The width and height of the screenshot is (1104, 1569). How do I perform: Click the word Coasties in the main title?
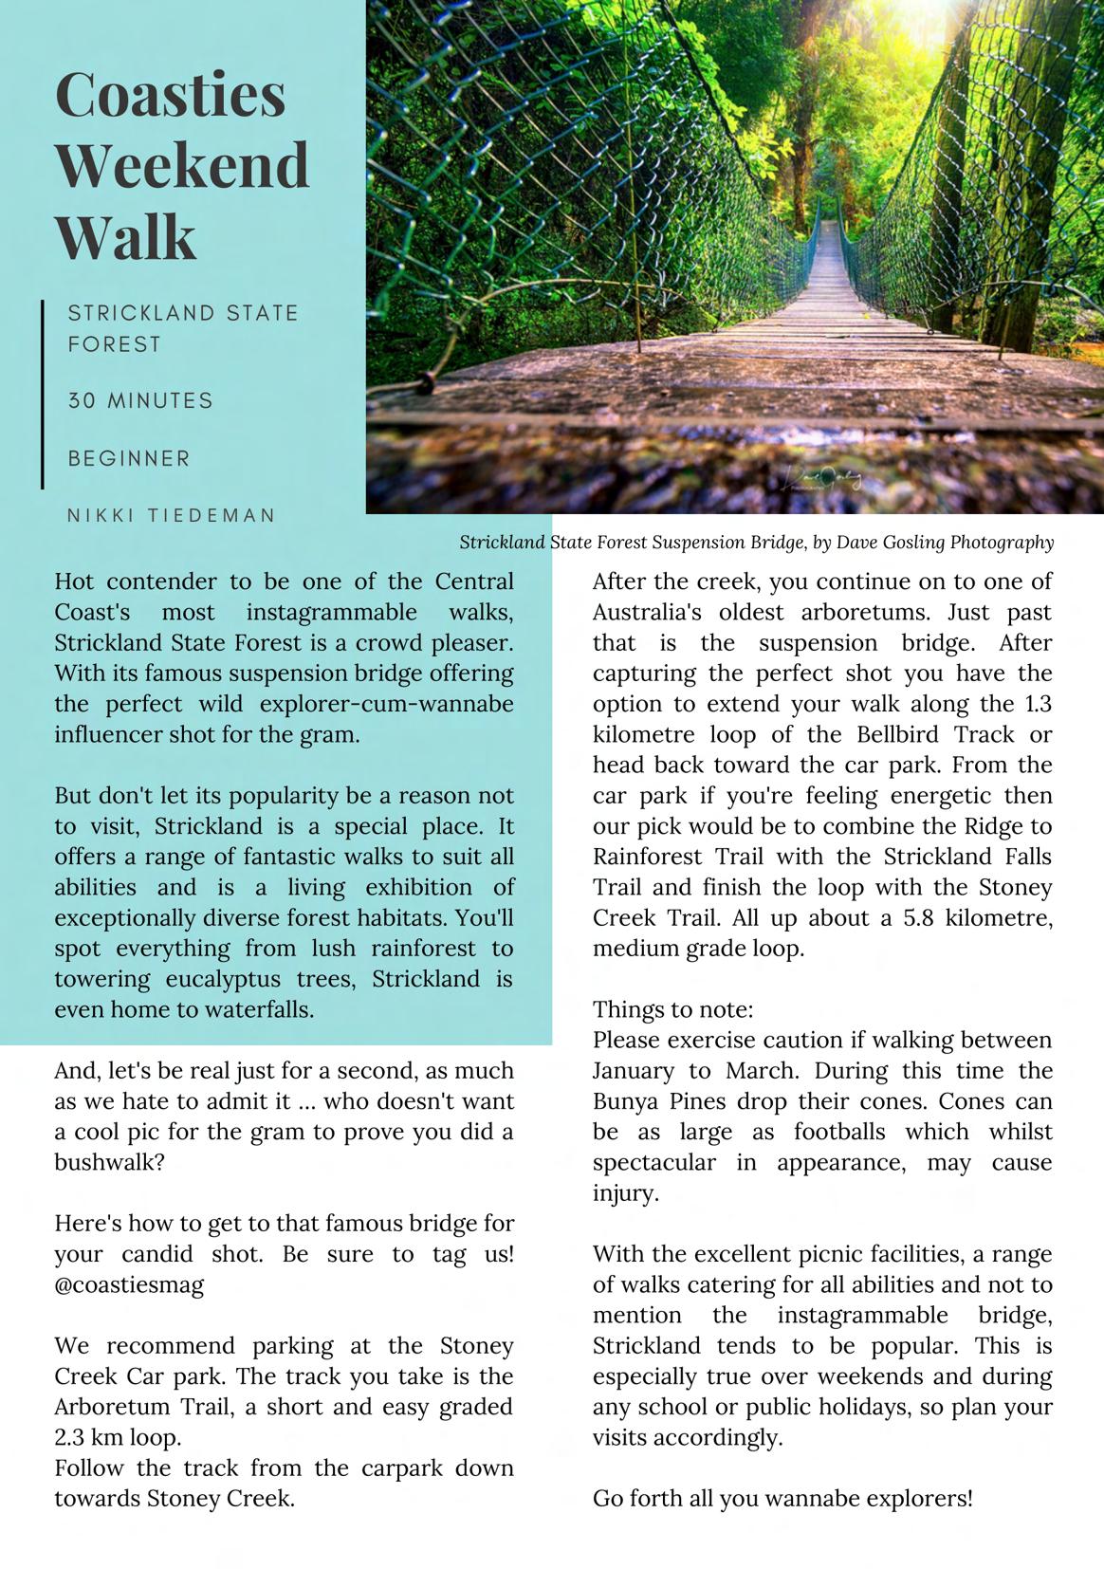(x=171, y=95)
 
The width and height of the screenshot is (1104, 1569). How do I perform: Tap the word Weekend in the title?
(x=182, y=165)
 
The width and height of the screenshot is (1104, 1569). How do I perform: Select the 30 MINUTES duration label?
(x=140, y=400)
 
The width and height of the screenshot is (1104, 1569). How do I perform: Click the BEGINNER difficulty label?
(x=129, y=459)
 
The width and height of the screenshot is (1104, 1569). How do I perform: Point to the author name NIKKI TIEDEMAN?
(x=171, y=516)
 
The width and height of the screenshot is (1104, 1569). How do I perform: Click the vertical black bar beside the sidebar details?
(x=43, y=394)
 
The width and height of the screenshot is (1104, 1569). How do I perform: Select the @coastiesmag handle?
(x=129, y=1285)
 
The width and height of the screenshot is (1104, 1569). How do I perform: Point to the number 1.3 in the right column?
(x=1033, y=704)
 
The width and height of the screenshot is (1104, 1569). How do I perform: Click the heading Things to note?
(x=673, y=1009)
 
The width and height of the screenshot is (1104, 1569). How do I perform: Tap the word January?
(x=634, y=1071)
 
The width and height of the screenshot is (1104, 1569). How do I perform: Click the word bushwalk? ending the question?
(x=109, y=1163)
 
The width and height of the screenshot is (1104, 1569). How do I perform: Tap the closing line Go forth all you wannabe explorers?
(x=782, y=1499)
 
